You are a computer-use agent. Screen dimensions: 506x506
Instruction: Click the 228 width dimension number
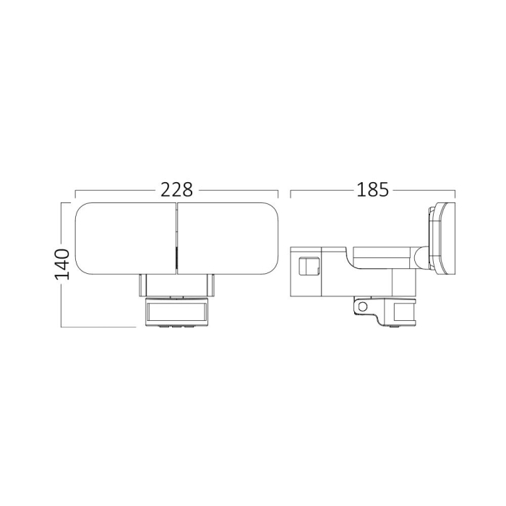pyautogui.click(x=177, y=190)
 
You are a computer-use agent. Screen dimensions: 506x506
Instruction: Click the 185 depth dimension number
pyautogui.click(x=373, y=190)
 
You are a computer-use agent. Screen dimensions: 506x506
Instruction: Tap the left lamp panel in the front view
pyautogui.click(x=125, y=239)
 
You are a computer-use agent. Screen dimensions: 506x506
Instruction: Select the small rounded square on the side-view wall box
pyautogui.click(x=309, y=267)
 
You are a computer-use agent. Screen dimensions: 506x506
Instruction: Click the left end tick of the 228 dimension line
pyautogui.click(x=76, y=195)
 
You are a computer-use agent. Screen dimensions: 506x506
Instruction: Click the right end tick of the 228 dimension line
pyautogui.click(x=278, y=195)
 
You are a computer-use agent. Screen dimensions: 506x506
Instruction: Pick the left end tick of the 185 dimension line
pyautogui.click(x=290, y=195)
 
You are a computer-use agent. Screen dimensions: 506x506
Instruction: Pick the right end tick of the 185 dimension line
pyautogui.click(x=455, y=195)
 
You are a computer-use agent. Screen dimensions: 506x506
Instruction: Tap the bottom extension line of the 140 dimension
pyautogui.click(x=98, y=327)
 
